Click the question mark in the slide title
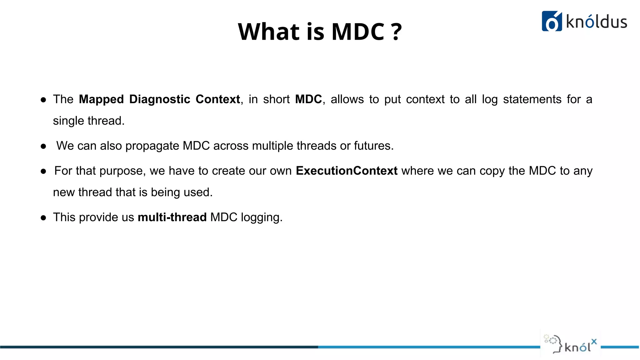(396, 32)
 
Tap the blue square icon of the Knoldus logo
(552, 21)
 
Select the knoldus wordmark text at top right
(596, 22)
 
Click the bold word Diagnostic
(160, 99)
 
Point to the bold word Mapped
(101, 99)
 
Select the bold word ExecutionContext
(346, 171)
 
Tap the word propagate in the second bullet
(152, 146)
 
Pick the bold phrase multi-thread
(172, 217)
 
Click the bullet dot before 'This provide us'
(43, 218)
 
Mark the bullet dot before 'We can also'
(43, 146)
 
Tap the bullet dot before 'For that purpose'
(43, 171)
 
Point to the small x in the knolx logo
(594, 342)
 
